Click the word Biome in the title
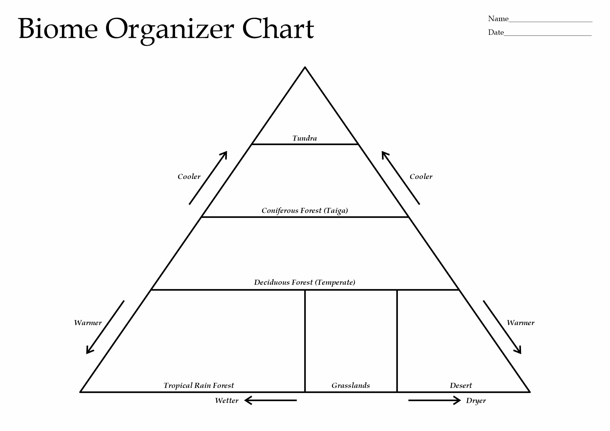[x=58, y=29]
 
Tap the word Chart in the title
[x=278, y=28]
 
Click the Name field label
[x=498, y=19]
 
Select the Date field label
[x=496, y=32]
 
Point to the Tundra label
[x=305, y=138]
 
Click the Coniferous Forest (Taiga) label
[x=305, y=211]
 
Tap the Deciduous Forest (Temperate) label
[x=305, y=282]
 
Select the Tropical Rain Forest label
[x=199, y=386]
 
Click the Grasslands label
[x=351, y=385]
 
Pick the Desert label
[x=461, y=385]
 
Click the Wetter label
[x=227, y=401]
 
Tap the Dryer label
[x=476, y=401]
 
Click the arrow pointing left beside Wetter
[x=271, y=401]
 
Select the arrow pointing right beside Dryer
[x=434, y=401]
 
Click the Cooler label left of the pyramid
[x=189, y=177]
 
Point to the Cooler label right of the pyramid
[x=421, y=177]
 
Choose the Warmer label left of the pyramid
[x=88, y=323]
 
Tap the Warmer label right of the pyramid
[x=520, y=323]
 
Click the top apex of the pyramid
[x=305, y=67]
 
